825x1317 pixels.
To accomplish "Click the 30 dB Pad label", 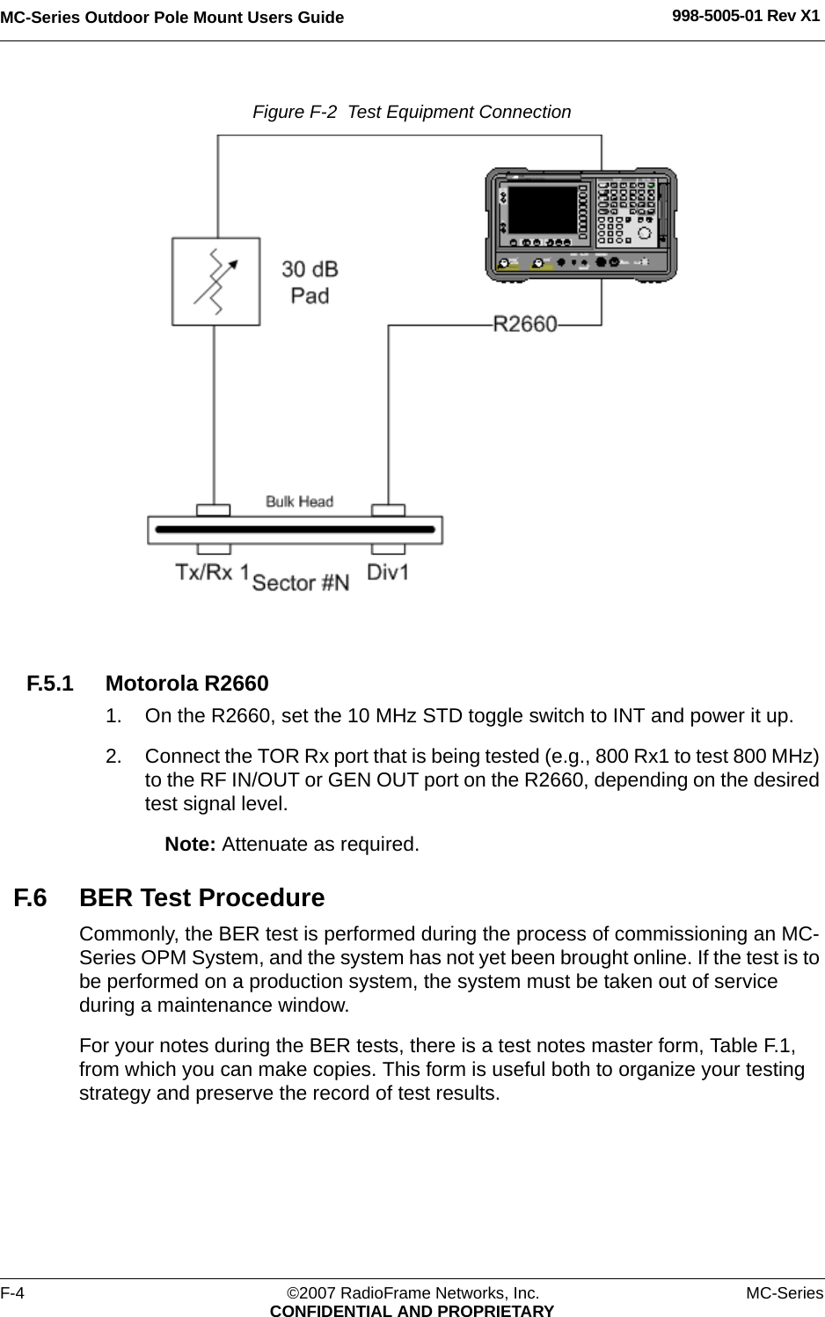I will click(310, 282).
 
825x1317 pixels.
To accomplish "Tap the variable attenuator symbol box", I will click(215, 282).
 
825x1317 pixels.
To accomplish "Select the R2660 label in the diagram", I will click(525, 324).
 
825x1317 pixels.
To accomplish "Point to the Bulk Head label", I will click(300, 501).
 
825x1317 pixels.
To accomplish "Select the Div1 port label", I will click(388, 572).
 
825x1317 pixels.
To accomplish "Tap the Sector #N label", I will click(301, 582).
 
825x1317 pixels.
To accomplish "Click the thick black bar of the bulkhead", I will click(295, 530).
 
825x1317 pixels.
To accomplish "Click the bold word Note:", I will click(191, 844).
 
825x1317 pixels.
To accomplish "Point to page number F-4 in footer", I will click(12, 1292).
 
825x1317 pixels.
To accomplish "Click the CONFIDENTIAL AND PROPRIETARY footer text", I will click(412, 1310).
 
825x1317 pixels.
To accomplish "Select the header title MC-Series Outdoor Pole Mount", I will click(172, 17).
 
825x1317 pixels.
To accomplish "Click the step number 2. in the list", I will click(113, 757).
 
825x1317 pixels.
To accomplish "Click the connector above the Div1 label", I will click(388, 509).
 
